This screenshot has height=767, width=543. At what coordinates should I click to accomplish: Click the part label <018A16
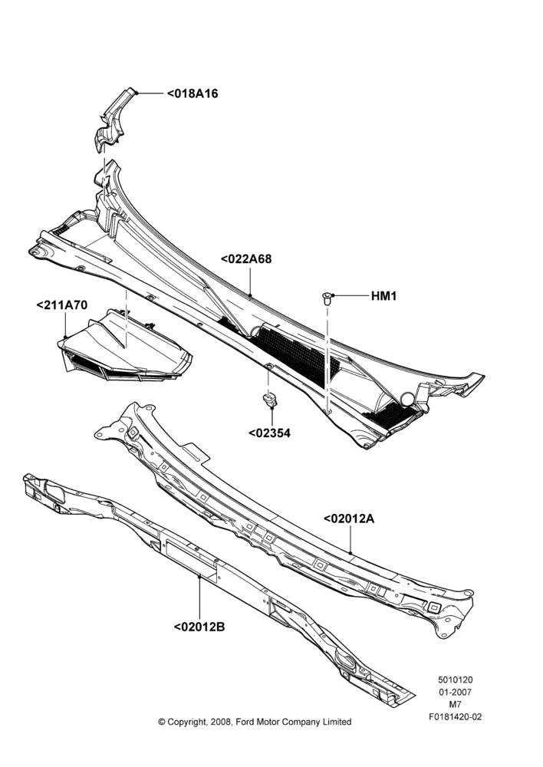[x=193, y=94]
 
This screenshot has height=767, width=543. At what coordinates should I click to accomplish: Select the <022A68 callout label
[x=246, y=258]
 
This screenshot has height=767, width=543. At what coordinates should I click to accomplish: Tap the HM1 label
[x=384, y=296]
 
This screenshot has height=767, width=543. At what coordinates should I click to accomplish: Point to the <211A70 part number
[x=62, y=305]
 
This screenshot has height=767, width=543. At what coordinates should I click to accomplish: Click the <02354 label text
[x=269, y=433]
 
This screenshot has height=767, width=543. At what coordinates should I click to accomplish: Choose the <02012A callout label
[x=349, y=518]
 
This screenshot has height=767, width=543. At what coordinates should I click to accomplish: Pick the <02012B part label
[x=199, y=627]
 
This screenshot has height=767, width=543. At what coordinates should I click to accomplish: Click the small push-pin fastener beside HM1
[x=327, y=298]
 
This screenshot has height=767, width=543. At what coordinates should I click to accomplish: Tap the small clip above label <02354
[x=269, y=400]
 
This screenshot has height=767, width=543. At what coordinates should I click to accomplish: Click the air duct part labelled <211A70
[x=125, y=347]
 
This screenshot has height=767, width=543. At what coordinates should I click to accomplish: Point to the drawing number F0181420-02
[x=456, y=717]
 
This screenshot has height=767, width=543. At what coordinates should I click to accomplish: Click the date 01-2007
[x=456, y=692]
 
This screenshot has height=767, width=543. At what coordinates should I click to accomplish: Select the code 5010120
[x=456, y=680]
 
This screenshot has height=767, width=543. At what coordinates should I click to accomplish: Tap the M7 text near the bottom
[x=456, y=705]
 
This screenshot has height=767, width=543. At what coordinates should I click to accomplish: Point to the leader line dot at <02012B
[x=199, y=578]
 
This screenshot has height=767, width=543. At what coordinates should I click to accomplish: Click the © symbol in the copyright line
[x=161, y=722]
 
